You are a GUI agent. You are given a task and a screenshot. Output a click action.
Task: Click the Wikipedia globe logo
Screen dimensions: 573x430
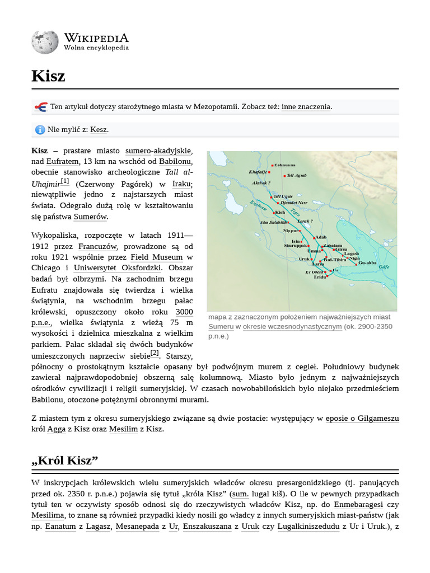pos(45,42)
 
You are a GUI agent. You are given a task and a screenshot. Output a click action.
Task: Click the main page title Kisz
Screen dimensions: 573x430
pos(48,76)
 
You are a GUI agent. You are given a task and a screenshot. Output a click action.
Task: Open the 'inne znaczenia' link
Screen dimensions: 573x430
pos(306,106)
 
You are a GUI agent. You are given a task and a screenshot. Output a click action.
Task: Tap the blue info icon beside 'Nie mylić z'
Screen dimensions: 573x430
pos(40,130)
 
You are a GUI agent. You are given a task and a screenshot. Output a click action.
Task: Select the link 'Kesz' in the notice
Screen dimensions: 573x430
pos(99,130)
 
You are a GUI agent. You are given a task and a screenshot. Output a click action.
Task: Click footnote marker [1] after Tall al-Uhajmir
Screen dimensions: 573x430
pos(64,181)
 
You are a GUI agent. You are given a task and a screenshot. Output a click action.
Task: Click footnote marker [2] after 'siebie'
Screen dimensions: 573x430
pos(155,354)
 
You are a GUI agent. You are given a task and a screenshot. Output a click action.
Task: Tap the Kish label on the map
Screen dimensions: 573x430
pos(280,213)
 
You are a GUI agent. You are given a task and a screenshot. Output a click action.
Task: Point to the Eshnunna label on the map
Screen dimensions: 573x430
pos(285,165)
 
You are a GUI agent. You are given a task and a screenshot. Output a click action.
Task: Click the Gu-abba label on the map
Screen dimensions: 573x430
pos(367,262)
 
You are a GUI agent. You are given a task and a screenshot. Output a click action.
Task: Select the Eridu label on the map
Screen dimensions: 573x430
pos(320,277)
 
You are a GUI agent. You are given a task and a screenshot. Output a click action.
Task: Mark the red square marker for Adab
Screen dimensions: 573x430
pos(314,238)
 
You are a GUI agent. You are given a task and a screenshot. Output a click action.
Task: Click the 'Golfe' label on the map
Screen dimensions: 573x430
pos(384,267)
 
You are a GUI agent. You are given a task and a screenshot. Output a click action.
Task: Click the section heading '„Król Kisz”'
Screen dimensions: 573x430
pos(65,461)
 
